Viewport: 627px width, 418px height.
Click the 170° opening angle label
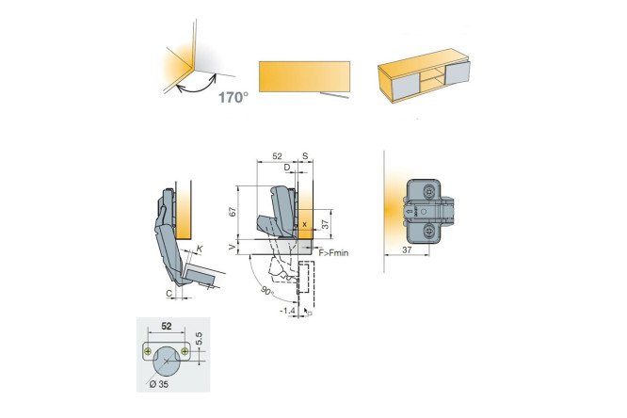click(233, 97)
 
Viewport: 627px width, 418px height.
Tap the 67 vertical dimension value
click(233, 211)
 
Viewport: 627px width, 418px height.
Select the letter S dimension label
click(306, 156)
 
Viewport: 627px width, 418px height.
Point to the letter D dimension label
click(287, 168)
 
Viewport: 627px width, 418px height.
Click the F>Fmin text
click(333, 253)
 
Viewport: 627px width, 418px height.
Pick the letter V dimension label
click(233, 248)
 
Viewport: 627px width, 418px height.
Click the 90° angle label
click(267, 291)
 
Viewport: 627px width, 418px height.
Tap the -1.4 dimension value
click(287, 311)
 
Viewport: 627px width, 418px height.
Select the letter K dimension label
click(200, 249)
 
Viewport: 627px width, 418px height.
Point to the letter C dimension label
click(169, 294)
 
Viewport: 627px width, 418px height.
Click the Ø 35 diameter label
click(158, 384)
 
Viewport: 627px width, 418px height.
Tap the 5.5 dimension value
click(200, 339)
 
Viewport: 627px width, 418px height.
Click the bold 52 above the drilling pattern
click(167, 326)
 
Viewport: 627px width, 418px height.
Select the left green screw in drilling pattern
click(148, 351)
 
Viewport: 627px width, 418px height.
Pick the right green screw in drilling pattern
click(185, 351)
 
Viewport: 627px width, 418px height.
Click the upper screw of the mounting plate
click(430, 192)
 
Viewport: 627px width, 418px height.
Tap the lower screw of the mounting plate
click(430, 231)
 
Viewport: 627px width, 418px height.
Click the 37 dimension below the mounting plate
click(407, 250)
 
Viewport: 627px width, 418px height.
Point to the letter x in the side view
click(305, 224)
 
